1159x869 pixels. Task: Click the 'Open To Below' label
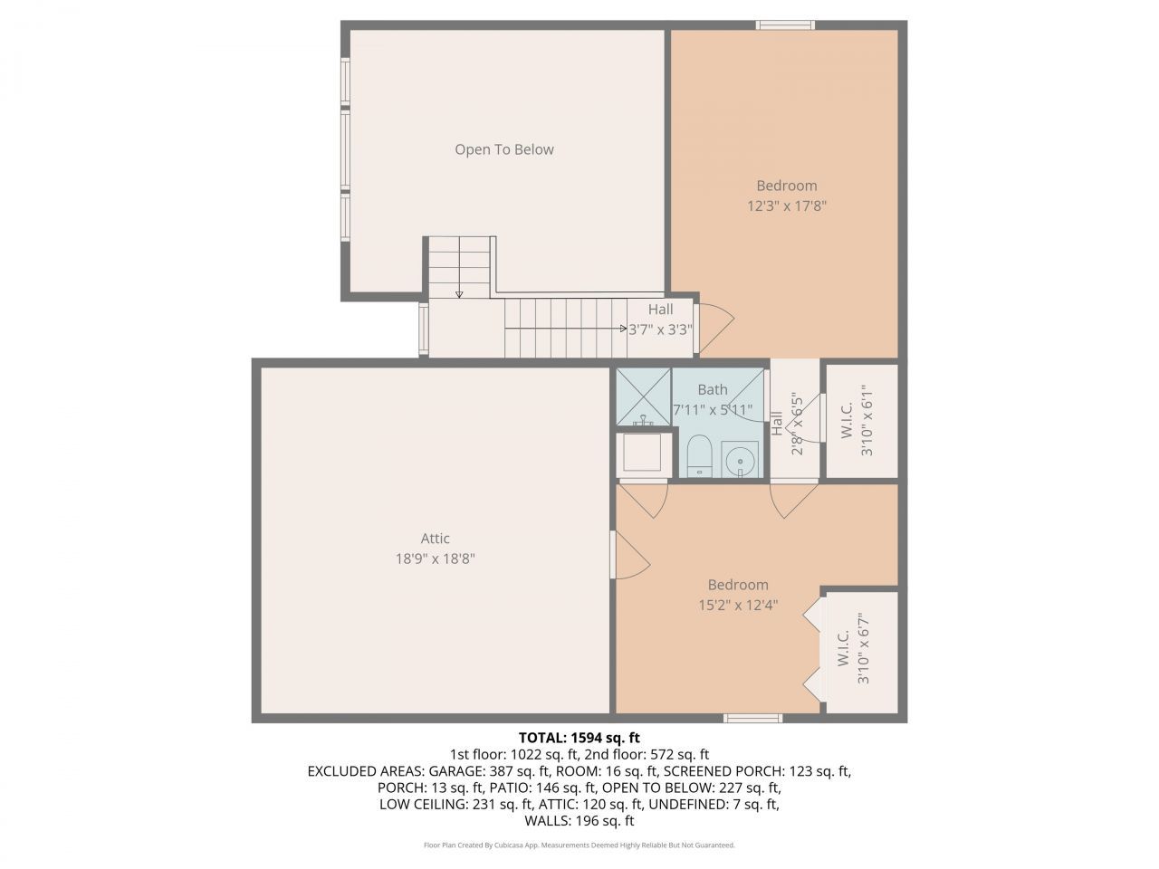(x=503, y=149)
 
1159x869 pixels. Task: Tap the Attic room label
(x=435, y=538)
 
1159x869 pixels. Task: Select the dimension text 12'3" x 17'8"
(x=786, y=205)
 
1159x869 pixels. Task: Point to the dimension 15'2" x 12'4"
(x=738, y=605)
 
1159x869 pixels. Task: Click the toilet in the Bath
(x=698, y=455)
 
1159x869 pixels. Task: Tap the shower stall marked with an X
(x=643, y=396)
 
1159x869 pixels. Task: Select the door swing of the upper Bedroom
(x=715, y=321)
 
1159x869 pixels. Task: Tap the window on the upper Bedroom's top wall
(x=785, y=24)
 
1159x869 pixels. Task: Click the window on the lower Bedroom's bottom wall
(x=752, y=718)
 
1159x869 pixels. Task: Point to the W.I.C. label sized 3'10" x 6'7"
(x=852, y=648)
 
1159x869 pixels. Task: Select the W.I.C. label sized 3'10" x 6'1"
(x=856, y=421)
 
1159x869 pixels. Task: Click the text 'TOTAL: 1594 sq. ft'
(x=579, y=737)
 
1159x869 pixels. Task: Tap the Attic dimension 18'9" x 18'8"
(x=435, y=559)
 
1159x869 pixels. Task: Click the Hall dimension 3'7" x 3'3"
(x=660, y=329)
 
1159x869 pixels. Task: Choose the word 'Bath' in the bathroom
(x=712, y=389)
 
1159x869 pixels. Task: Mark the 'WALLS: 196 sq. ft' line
(x=579, y=821)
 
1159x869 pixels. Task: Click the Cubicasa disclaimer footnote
(x=579, y=845)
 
